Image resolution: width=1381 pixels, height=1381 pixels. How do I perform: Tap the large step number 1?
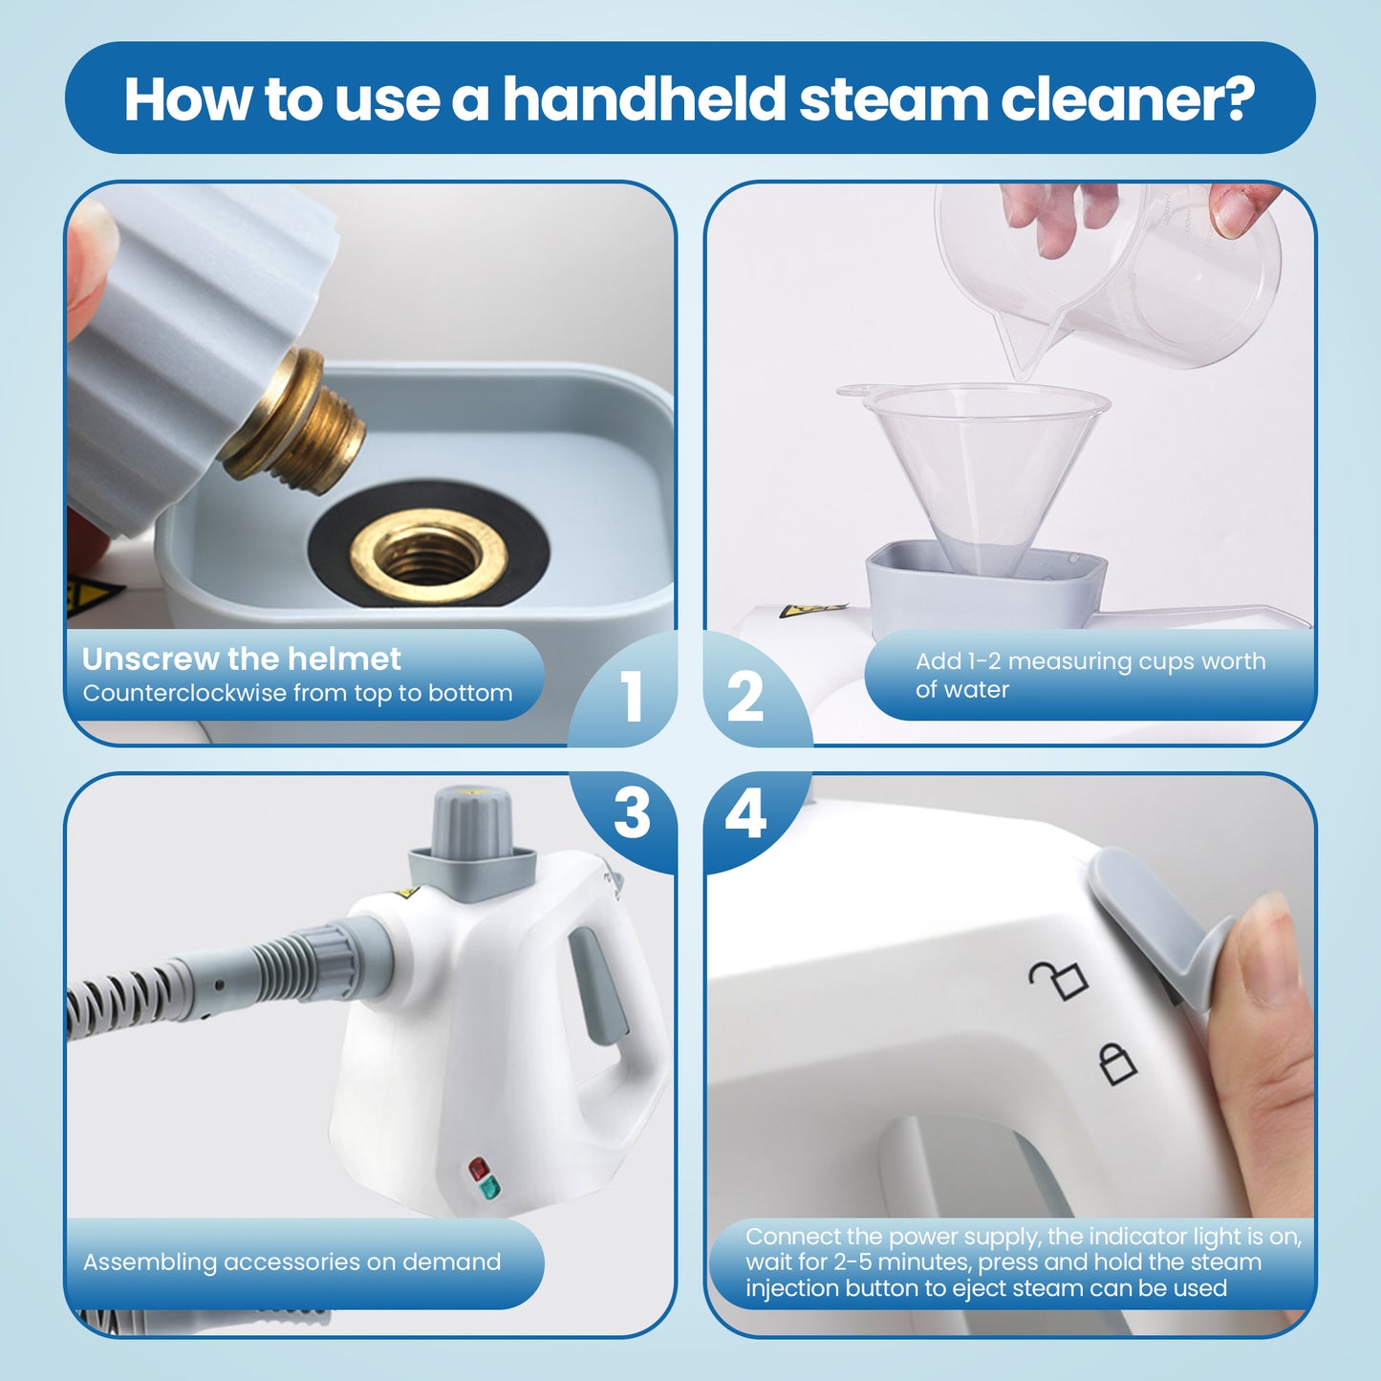pyautogui.click(x=631, y=696)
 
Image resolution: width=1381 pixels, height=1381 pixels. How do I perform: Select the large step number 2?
pyautogui.click(x=745, y=696)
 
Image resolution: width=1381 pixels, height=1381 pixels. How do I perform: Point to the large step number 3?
pyautogui.click(x=632, y=814)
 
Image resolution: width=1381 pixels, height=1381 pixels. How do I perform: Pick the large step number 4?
pyautogui.click(x=745, y=814)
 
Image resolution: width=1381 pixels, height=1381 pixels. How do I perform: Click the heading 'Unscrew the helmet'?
pyautogui.click(x=241, y=659)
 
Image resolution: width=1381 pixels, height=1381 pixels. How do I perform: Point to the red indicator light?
pyautogui.click(x=478, y=1168)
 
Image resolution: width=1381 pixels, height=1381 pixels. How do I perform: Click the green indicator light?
pyautogui.click(x=488, y=1188)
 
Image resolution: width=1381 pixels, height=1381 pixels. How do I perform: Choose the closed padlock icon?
pyautogui.click(x=1116, y=1063)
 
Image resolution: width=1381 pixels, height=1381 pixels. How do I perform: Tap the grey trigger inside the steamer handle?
pyautogui.click(x=597, y=984)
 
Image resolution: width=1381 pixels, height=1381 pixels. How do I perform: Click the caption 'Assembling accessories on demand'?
pyautogui.click(x=291, y=1262)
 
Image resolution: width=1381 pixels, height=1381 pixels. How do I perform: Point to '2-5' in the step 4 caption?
pyautogui.click(x=852, y=1262)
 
